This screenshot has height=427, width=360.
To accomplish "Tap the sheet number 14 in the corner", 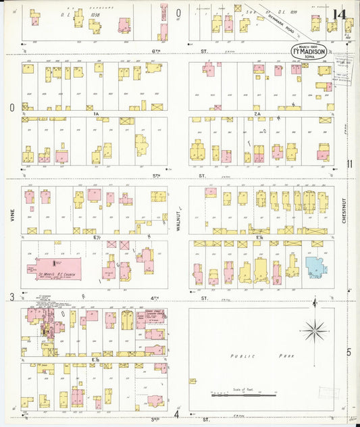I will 339,16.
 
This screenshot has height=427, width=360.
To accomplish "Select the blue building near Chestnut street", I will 315,266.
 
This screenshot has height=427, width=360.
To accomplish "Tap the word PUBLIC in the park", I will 240,355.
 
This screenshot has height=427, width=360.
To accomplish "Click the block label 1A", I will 97,114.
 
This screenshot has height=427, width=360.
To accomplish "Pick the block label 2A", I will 257,114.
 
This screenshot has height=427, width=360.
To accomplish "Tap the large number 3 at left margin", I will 11,297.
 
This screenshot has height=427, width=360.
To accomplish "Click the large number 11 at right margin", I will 349,164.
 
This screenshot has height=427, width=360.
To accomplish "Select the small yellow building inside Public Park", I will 193,381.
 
